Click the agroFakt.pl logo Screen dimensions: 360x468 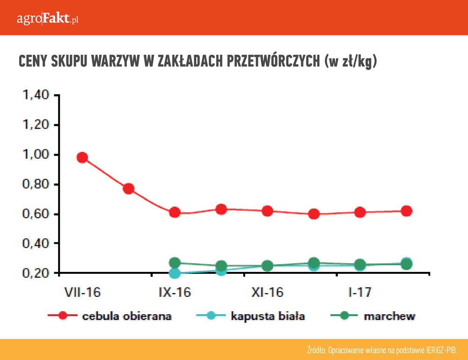(47, 19)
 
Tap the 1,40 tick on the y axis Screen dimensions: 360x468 (36, 96)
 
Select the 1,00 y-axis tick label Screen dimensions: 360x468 (36, 155)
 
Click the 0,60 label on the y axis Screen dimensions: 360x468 (36, 214)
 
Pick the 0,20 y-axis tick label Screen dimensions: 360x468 (36, 273)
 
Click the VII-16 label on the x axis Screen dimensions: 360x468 (82, 293)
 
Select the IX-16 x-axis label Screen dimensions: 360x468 (175, 293)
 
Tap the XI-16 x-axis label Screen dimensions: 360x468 (267, 293)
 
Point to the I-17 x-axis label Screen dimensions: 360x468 (360, 293)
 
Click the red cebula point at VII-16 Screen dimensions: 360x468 (82, 157)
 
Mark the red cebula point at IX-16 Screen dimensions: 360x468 (175, 212)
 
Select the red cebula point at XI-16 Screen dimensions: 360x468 (267, 211)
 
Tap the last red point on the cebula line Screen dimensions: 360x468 (406, 211)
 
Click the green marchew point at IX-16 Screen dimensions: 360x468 (175, 263)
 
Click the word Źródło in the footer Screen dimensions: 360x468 (317, 350)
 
